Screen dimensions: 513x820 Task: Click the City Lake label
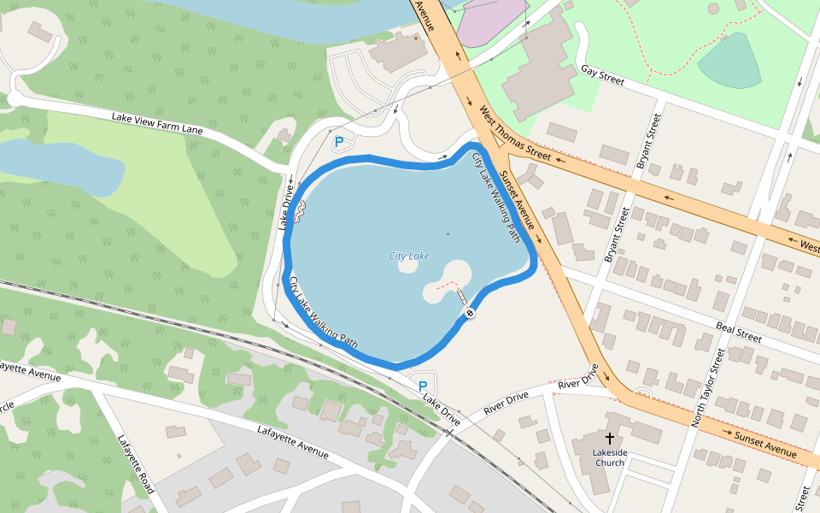pos(408,256)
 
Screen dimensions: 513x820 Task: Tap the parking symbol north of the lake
pos(339,143)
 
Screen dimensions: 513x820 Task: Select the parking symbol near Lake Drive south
pos(422,386)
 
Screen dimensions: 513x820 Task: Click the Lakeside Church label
pos(610,457)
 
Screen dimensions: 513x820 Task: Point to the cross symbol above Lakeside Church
pos(609,438)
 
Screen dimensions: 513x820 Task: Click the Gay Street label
pos(602,76)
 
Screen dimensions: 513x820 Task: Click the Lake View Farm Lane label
pos(157,123)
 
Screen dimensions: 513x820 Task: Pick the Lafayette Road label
pos(136,464)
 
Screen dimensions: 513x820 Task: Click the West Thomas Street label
pos(515,133)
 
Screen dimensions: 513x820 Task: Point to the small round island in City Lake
pos(407,266)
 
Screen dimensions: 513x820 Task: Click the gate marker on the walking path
pos(470,314)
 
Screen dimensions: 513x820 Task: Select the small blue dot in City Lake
pos(448,233)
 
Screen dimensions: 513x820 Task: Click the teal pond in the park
pos(731,62)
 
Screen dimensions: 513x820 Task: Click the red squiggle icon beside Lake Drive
pos(300,210)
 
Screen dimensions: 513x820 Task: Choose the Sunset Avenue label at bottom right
pos(765,442)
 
